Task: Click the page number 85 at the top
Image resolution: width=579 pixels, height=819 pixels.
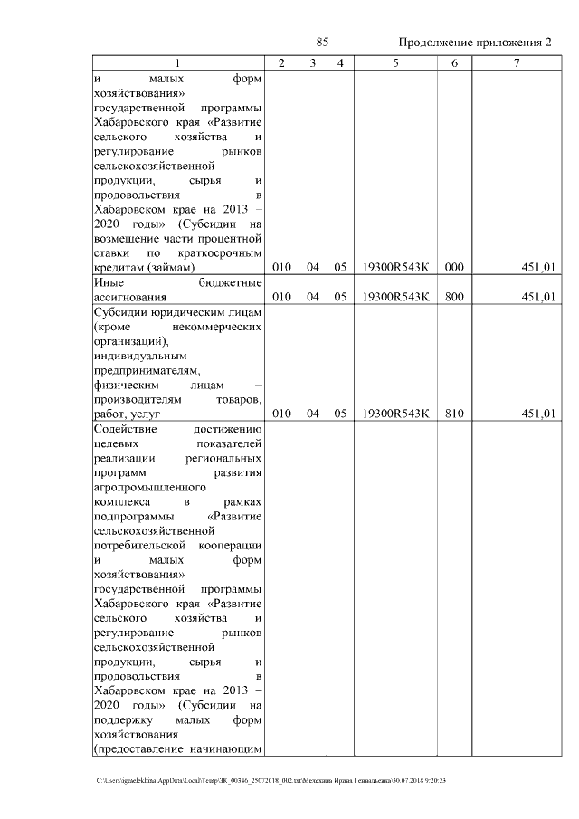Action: coord(322,43)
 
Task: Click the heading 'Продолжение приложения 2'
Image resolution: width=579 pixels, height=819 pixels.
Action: coord(474,43)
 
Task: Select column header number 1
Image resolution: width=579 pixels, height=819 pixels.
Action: coord(178,63)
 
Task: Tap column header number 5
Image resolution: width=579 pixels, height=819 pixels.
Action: coord(395,63)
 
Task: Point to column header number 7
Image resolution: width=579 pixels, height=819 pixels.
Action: coord(516,63)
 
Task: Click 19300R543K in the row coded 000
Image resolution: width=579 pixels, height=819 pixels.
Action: coord(395,267)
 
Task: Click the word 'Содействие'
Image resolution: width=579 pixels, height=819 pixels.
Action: coord(128,429)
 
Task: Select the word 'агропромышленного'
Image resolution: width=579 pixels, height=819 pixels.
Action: coord(148,486)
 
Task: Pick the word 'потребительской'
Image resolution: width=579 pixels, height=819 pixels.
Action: coord(139,545)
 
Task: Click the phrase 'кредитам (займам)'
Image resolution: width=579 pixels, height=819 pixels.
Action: coord(143,268)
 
